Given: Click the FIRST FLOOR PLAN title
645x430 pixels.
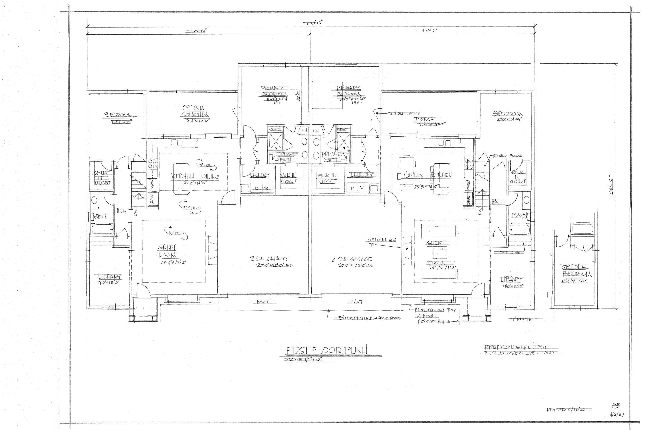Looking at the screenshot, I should [x=326, y=350].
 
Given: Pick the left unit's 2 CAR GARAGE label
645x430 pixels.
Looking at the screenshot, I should [x=269, y=259].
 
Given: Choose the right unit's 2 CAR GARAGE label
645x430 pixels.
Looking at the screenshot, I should [x=351, y=259].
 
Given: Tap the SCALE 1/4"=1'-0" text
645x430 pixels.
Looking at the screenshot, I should [x=304, y=360].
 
